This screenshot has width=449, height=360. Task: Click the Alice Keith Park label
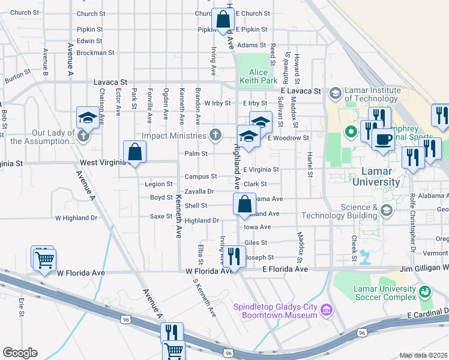258,76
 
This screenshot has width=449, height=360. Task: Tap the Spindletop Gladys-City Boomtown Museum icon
326,310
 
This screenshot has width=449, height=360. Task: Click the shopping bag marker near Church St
223,19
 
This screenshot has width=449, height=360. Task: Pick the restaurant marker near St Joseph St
234,255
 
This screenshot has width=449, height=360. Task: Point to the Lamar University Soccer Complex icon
425,292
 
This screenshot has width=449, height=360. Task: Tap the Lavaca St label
110,82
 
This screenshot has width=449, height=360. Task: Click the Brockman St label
95,53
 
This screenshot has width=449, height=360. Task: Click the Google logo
19,353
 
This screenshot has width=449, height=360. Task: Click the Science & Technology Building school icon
386,210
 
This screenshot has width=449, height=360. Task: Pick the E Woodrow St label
288,138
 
